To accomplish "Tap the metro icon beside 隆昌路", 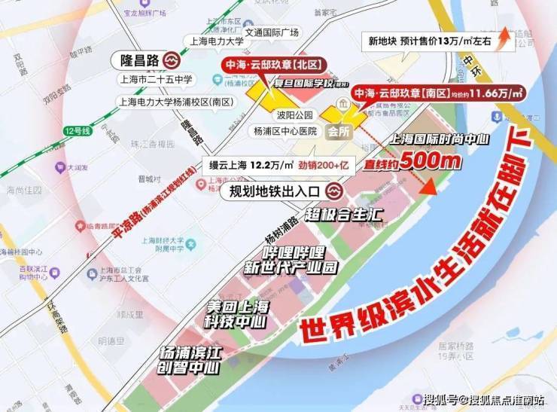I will coord(172,59).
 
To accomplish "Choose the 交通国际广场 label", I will coord(272,32).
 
